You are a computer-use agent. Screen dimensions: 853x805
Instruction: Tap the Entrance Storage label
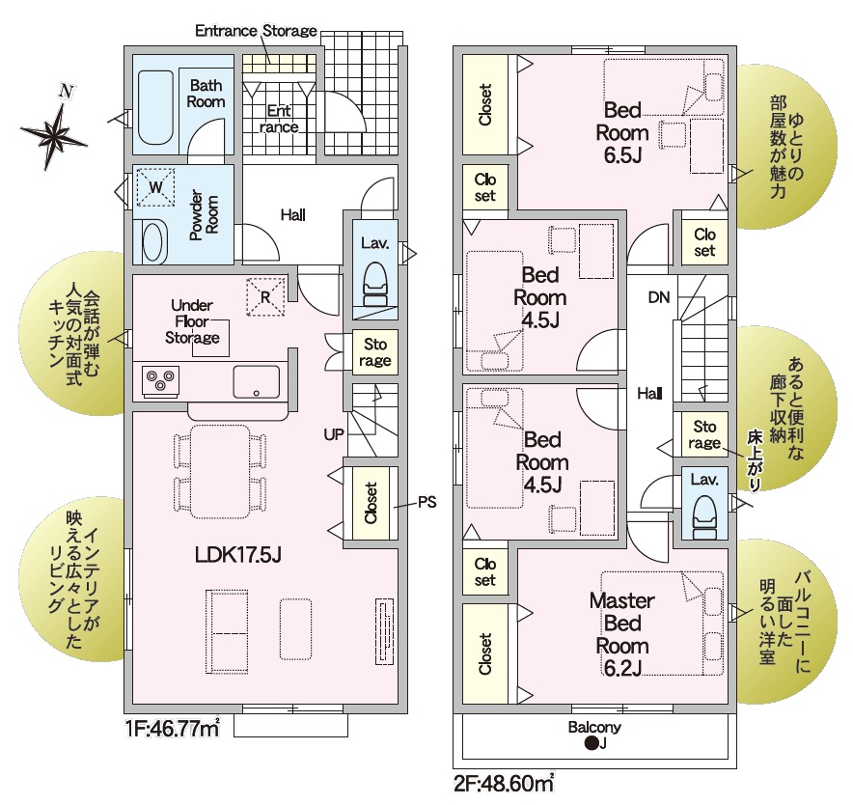pyautogui.click(x=256, y=31)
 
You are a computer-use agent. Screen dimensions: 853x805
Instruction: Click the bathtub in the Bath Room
pyautogui.click(x=156, y=108)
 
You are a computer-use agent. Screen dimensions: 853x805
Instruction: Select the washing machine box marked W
pyautogui.click(x=155, y=187)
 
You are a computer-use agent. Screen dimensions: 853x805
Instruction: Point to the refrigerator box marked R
pyautogui.click(x=265, y=297)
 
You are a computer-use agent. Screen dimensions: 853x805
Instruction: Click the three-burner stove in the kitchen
pyautogui.click(x=160, y=380)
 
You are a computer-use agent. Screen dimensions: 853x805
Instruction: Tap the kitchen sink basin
pyautogui.click(x=257, y=381)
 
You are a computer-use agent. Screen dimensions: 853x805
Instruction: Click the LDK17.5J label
pyautogui.click(x=237, y=555)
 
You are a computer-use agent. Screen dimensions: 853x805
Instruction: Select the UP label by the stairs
pyautogui.click(x=334, y=434)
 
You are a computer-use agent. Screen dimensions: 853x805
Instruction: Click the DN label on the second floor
pyautogui.click(x=659, y=297)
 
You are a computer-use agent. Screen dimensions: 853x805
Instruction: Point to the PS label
pyautogui.click(x=427, y=502)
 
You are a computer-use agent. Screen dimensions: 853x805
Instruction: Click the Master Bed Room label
pyautogui.click(x=621, y=634)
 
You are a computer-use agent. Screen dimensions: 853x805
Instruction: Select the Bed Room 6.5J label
pyautogui.click(x=622, y=133)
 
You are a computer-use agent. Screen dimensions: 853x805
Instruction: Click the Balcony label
pyautogui.click(x=594, y=727)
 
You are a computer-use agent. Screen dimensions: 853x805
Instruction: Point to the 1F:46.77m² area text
pyautogui.click(x=173, y=728)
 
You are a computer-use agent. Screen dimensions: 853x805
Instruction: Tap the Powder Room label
pyautogui.click(x=204, y=214)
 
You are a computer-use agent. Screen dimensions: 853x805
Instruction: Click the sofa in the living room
pyautogui.click(x=227, y=631)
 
